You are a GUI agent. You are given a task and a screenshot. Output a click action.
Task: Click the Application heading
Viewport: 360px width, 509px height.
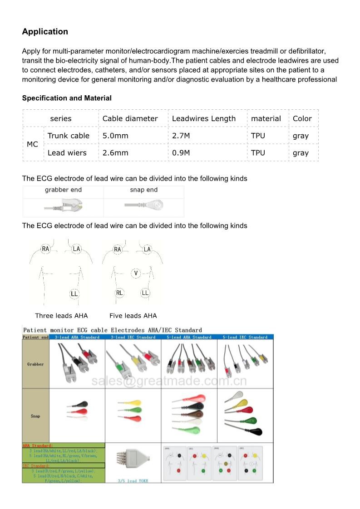[x=45, y=32]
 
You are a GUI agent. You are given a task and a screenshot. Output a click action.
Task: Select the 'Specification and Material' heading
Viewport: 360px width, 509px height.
[x=67, y=98]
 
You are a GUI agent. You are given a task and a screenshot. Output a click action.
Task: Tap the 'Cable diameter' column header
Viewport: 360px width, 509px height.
[x=130, y=119]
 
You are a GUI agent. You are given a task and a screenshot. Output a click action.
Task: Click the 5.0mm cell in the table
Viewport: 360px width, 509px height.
[x=115, y=136]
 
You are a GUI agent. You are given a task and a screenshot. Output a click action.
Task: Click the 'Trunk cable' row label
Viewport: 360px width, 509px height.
[x=69, y=136]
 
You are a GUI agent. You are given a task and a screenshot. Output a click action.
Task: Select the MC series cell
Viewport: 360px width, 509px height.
[x=33, y=144]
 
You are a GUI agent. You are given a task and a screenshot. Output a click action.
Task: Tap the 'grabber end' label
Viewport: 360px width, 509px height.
[x=63, y=190]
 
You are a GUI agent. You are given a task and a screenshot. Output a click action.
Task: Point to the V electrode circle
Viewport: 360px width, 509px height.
[x=136, y=273]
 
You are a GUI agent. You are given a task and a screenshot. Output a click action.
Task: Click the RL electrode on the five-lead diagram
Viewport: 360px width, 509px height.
[x=119, y=293]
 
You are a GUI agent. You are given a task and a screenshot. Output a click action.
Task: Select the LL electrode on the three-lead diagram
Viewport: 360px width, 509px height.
[x=74, y=294]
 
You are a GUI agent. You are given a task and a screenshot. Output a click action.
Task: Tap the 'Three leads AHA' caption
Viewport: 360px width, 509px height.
[x=61, y=316]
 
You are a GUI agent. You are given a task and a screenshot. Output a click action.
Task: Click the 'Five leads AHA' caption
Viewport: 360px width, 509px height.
[x=133, y=316]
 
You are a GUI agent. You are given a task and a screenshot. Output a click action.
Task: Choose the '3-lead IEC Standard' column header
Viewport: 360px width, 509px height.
[x=133, y=337]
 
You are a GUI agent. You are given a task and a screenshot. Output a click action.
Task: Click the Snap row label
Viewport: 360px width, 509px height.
[x=35, y=416]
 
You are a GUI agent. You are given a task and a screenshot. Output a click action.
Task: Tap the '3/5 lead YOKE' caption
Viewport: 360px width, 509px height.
[x=133, y=480]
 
